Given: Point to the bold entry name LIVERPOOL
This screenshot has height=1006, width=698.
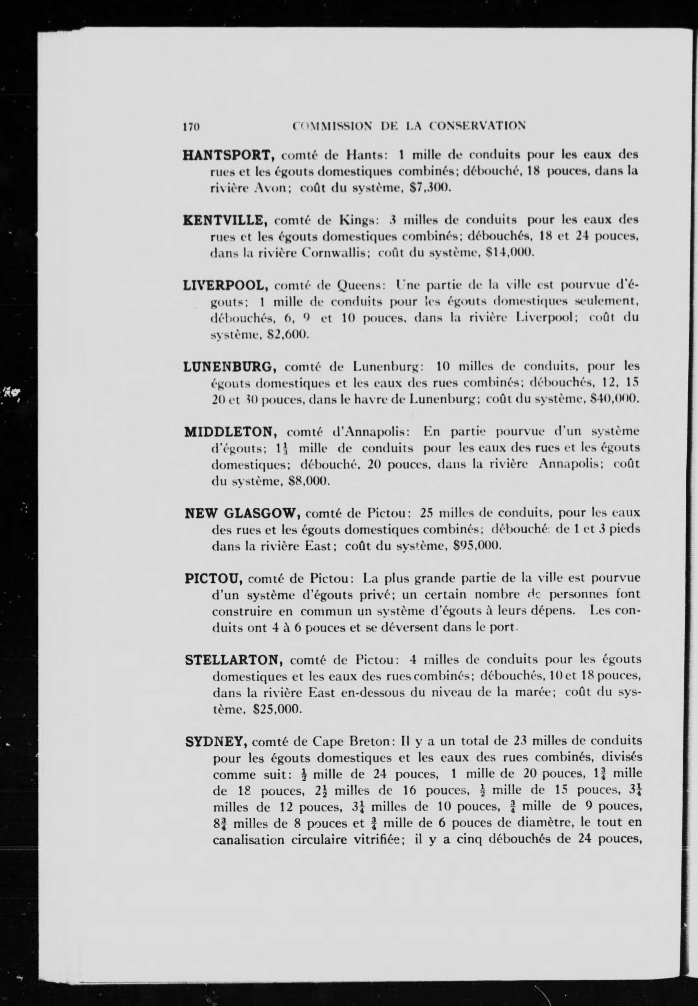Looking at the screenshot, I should click(224, 285).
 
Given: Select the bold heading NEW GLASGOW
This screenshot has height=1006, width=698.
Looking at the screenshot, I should click(242, 512).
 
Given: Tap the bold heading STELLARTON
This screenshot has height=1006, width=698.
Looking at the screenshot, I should click(235, 659).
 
